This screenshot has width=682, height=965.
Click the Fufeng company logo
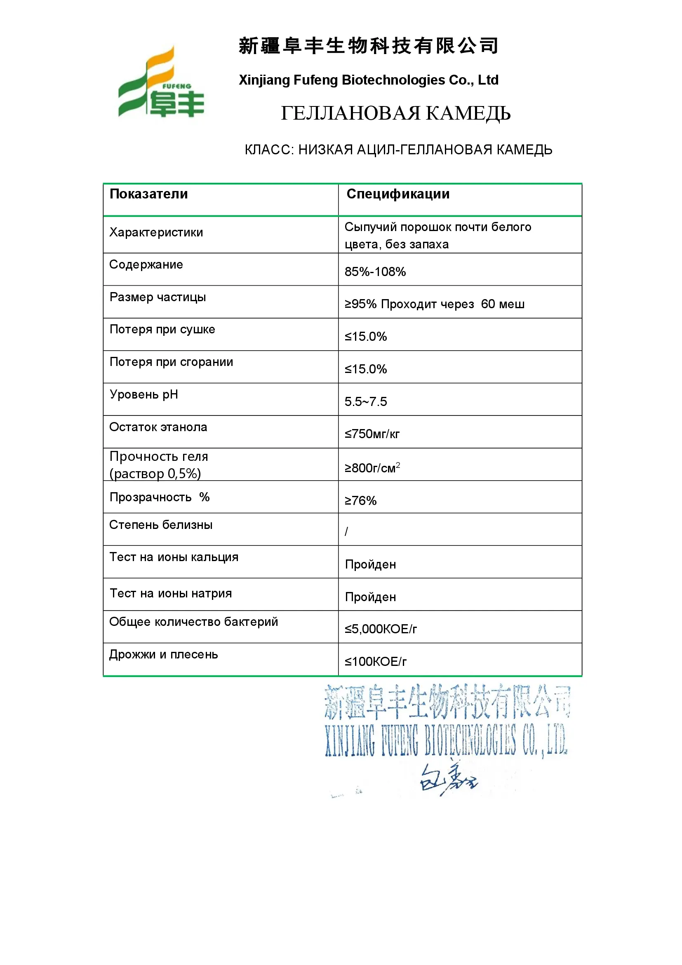(x=161, y=83)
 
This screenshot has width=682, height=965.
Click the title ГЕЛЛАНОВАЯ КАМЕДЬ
(x=395, y=113)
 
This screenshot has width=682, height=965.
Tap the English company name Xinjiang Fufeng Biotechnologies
(x=368, y=80)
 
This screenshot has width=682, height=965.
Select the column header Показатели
(x=149, y=194)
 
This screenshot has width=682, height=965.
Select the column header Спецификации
(x=397, y=194)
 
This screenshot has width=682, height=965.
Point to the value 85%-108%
(x=375, y=272)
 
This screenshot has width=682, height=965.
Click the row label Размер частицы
(x=158, y=297)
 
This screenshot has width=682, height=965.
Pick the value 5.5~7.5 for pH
(x=365, y=402)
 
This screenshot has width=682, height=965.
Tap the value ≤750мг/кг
(x=372, y=434)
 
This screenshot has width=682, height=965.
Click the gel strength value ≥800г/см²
(x=372, y=468)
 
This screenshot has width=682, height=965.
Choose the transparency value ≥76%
(x=360, y=500)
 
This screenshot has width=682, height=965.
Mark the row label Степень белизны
(x=161, y=525)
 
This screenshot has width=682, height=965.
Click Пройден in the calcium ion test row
(x=370, y=564)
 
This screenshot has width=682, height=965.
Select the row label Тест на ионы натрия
(x=171, y=593)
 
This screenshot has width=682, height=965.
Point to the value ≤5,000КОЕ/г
(x=381, y=629)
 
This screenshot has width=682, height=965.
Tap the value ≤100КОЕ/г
(x=376, y=662)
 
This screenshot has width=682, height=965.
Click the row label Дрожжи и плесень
(x=163, y=655)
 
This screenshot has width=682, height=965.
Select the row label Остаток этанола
(x=158, y=427)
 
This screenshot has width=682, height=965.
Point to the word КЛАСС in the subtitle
(x=269, y=150)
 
